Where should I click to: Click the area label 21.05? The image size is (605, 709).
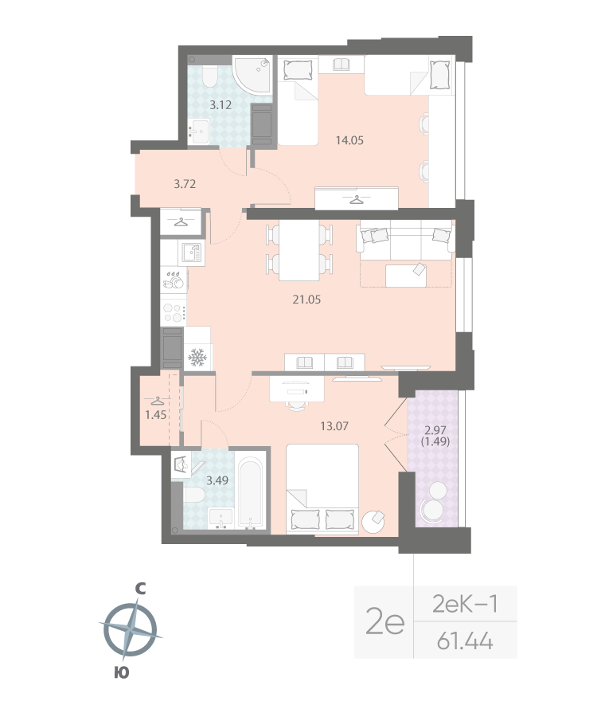309,300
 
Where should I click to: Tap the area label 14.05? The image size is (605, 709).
349,141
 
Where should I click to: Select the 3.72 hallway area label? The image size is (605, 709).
185,183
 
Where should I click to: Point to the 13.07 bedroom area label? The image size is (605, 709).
334,425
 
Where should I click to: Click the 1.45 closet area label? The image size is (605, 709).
155,414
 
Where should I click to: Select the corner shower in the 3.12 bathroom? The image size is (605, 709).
252,76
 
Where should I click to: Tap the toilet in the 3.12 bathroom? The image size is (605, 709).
209,77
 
